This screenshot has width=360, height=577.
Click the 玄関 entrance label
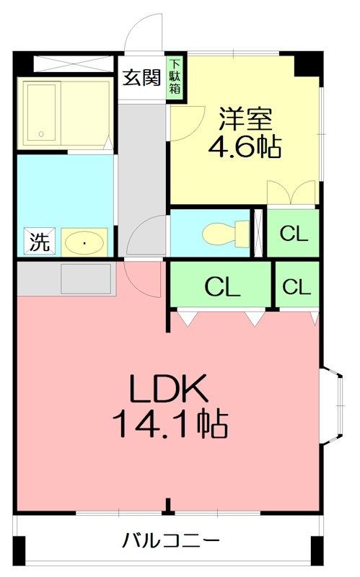141,78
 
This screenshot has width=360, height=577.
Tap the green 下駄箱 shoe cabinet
175,79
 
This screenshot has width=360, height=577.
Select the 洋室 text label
245,119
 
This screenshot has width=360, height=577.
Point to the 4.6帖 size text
245,147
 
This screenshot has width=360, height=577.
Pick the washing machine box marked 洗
40,241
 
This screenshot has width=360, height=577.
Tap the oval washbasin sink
84,242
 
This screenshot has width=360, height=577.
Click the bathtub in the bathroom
42,114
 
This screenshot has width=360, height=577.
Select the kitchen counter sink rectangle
86,278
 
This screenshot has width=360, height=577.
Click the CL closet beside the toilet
294,233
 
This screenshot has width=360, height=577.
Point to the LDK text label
169,389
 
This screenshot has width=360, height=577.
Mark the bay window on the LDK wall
332,405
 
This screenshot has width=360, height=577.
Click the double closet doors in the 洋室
291,192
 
